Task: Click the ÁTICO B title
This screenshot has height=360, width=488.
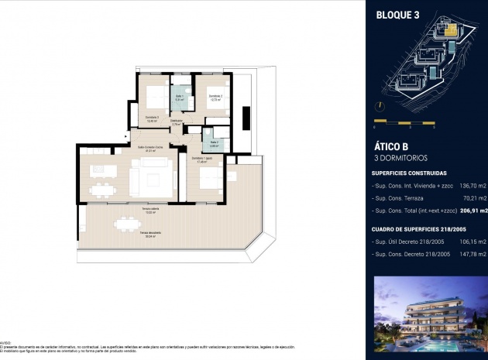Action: coord(390,146)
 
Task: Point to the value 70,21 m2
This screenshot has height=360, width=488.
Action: coord(470,198)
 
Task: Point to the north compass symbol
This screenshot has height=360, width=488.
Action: coord(380,106)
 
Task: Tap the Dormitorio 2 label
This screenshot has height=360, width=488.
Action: coord(215,97)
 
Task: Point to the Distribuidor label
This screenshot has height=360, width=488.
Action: coord(177,122)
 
